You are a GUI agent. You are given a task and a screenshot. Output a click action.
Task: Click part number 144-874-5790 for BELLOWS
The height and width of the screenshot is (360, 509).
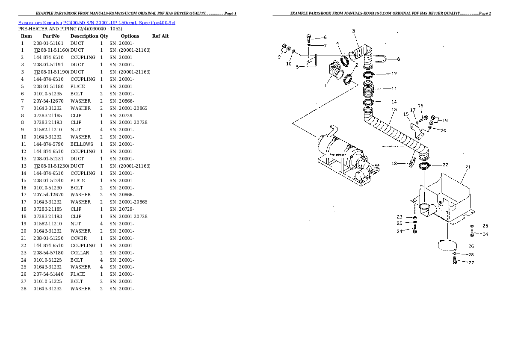coord(47,145)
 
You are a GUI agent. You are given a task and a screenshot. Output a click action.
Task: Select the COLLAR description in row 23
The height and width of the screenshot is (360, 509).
coord(80,253)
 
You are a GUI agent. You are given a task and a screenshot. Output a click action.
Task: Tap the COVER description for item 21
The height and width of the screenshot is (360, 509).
coord(78,238)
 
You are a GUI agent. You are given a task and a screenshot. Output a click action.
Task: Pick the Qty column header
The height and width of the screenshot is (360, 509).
coord(104,36)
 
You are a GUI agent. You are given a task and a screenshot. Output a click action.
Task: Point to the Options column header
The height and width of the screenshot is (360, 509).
coord(130,36)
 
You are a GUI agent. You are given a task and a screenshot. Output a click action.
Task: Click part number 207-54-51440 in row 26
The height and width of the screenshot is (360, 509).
coord(47,274)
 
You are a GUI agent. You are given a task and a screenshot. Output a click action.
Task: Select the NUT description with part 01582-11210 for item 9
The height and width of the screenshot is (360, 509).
coord(75,130)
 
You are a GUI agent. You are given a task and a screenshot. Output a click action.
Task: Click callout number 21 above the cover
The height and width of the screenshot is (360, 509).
coord(468,167)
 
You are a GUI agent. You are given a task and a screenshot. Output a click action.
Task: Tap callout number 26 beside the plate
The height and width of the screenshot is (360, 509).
coord(471,246)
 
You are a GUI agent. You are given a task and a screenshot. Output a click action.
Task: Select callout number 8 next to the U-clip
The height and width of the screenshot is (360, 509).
coord(398,59)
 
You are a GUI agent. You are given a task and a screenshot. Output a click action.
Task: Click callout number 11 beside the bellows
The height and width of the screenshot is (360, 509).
coord(394,89)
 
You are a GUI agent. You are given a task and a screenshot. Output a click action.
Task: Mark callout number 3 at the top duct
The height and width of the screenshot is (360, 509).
coord(353,30)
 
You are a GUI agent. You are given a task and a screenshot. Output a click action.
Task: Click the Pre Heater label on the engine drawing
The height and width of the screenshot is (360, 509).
coord(337,155)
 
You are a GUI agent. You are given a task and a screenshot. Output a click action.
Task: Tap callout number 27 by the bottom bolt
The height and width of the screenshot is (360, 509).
coord(471,263)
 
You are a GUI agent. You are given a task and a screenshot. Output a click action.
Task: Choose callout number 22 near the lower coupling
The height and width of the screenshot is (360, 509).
coord(445,165)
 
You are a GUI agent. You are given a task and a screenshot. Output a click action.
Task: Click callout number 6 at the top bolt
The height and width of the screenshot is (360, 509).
coord(325,38)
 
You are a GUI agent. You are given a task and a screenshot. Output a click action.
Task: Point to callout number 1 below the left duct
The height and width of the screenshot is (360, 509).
coord(325,85)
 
